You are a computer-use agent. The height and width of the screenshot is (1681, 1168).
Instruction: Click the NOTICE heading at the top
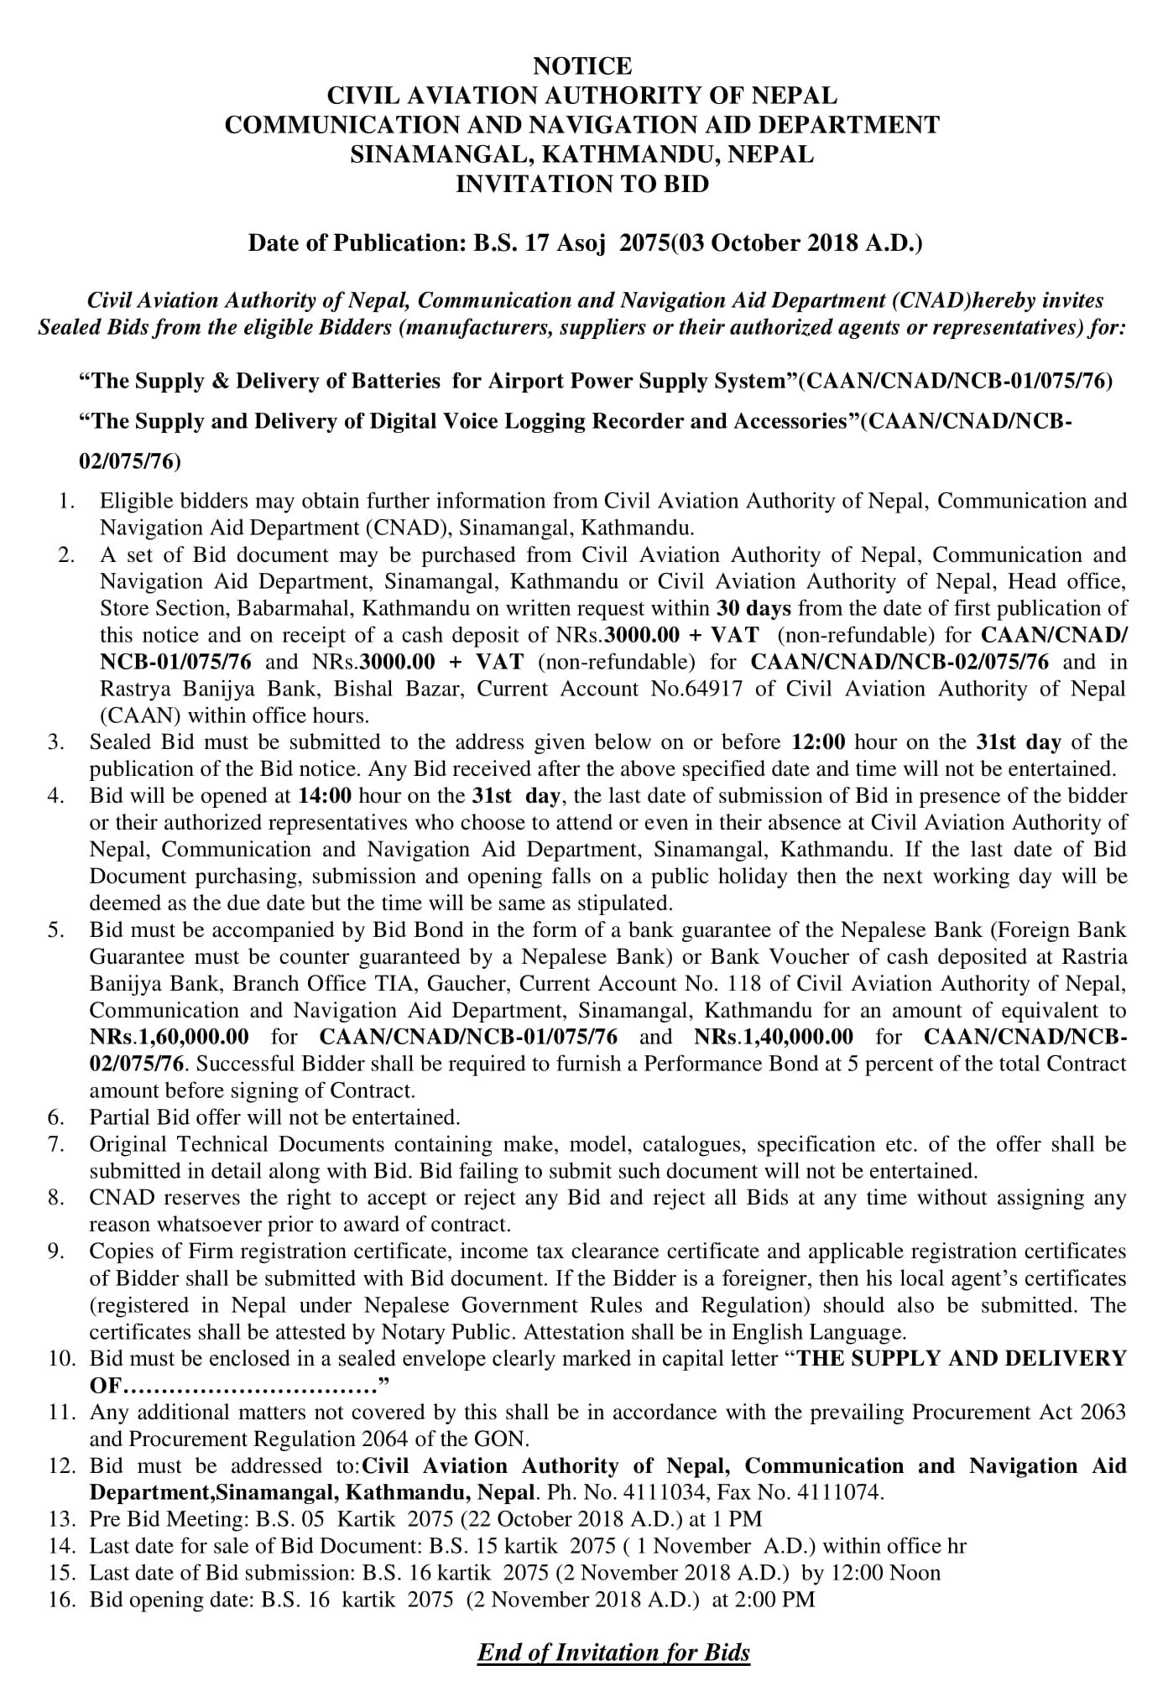coord(582,65)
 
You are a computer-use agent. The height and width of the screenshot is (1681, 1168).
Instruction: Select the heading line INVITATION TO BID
coord(582,184)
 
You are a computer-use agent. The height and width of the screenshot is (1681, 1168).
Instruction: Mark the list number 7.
coord(55,1144)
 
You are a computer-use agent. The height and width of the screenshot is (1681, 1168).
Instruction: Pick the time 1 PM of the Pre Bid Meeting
coord(742,1519)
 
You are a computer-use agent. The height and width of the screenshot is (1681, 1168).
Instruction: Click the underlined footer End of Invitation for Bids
coord(613,1652)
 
